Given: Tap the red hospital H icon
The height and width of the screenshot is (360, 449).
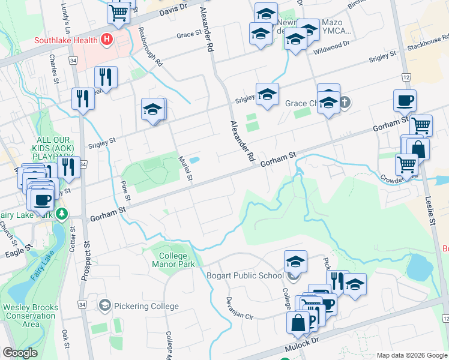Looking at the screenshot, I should [x=107, y=40].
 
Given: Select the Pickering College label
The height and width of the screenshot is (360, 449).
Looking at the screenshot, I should [x=145, y=306].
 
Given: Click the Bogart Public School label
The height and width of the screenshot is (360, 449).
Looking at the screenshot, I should [x=244, y=276].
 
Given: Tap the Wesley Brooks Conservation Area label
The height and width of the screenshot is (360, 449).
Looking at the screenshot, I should [x=29, y=316].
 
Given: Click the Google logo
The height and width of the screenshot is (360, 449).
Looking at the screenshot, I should [x=20, y=353].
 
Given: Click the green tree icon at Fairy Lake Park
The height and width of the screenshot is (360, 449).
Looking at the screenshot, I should [x=61, y=214].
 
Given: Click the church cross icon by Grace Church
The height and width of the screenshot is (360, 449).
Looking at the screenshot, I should [x=345, y=103].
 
